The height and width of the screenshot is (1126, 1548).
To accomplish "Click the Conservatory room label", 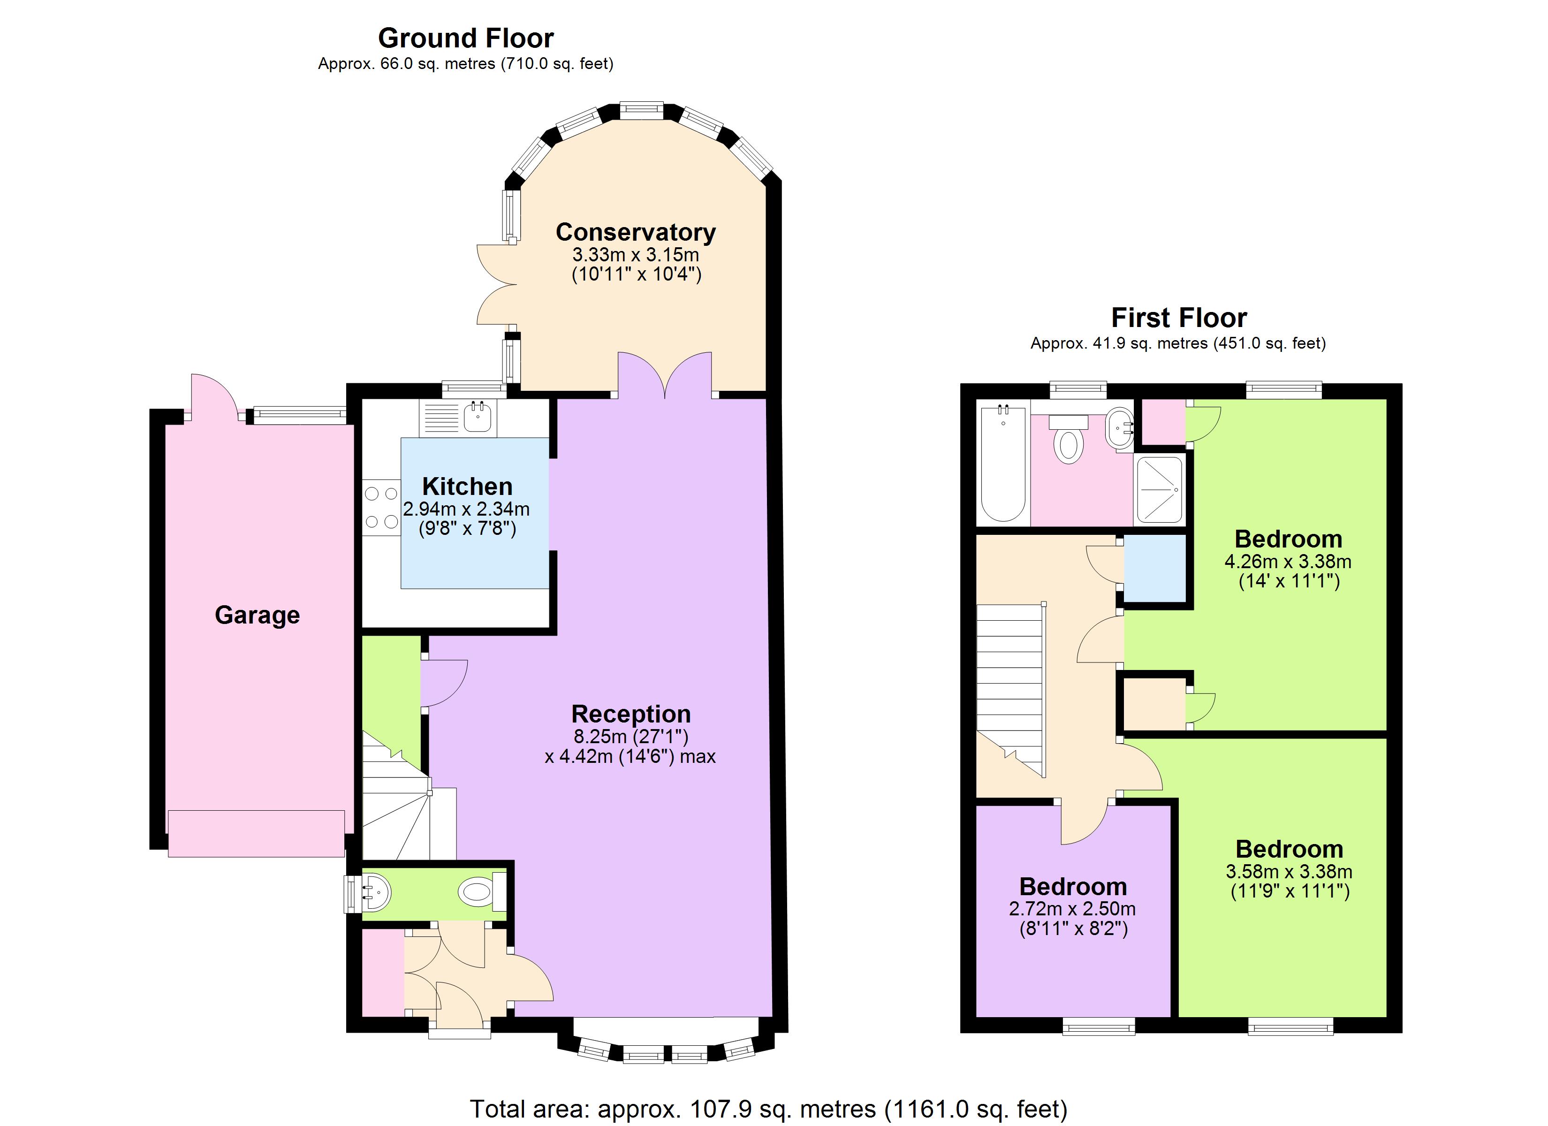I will coord(636,232).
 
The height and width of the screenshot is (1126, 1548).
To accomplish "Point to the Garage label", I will coord(258,615).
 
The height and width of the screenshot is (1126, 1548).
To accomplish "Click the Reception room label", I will coord(630,714).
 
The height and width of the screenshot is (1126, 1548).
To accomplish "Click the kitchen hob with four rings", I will coord(381,507).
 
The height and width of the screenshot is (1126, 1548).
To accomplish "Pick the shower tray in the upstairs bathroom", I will coord(1159,490).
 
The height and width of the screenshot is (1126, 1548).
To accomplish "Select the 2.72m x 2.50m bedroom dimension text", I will coord(1072,909).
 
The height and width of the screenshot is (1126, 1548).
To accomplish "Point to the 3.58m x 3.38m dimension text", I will coord(1289,872).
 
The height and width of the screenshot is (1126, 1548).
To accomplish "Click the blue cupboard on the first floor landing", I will coord(1154,569).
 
